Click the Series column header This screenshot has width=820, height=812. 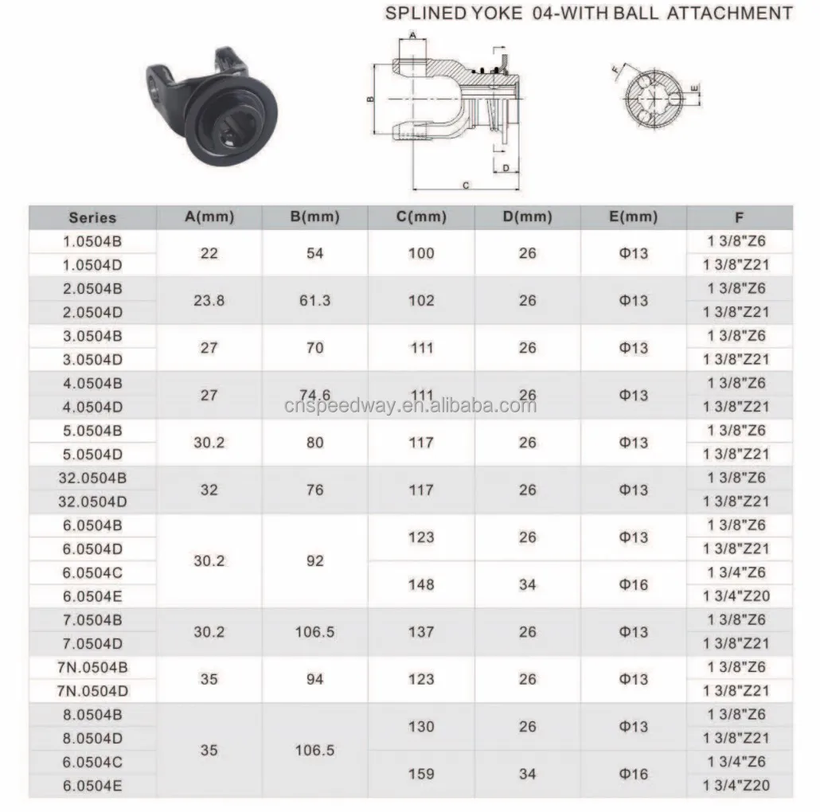(92, 217)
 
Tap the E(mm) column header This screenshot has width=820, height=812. (633, 217)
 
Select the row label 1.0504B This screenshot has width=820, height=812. (92, 240)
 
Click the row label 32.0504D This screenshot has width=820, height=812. (92, 502)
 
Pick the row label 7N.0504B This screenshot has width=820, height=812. (92, 667)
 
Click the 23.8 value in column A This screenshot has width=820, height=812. (209, 300)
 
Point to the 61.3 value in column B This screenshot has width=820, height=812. (314, 300)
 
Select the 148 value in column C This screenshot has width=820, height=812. (420, 584)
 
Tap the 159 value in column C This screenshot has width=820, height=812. (420, 774)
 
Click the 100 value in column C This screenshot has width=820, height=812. (420, 253)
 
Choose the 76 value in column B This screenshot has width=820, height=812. (314, 490)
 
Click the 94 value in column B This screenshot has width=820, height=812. (314, 679)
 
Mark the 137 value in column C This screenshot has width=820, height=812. (420, 632)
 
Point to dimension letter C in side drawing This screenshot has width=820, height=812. (466, 185)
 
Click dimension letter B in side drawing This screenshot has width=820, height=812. (370, 100)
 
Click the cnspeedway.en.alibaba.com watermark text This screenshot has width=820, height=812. (409, 406)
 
